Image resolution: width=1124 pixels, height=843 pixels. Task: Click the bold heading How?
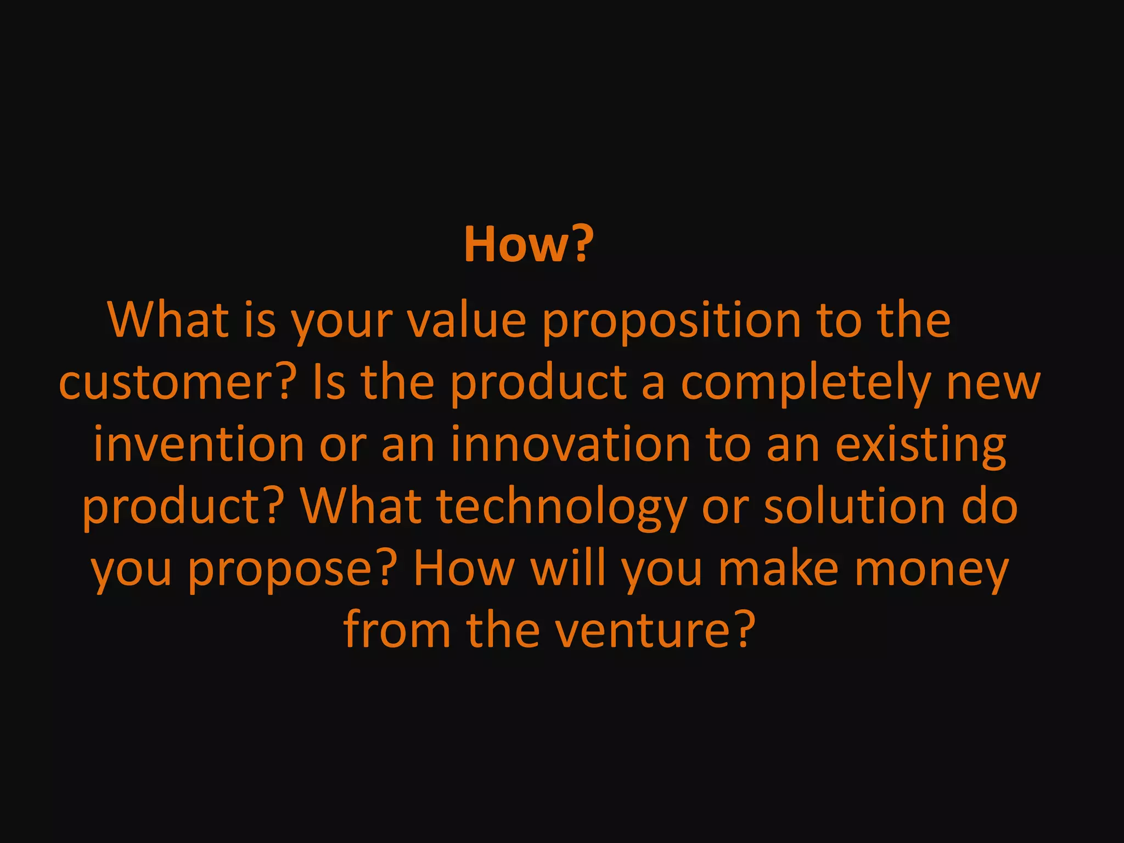(529, 245)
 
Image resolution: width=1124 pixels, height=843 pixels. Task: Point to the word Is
(329, 383)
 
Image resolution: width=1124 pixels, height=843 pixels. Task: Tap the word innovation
(570, 444)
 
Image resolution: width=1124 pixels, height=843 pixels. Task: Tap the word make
(778, 568)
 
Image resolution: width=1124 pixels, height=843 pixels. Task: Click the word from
(397, 630)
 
